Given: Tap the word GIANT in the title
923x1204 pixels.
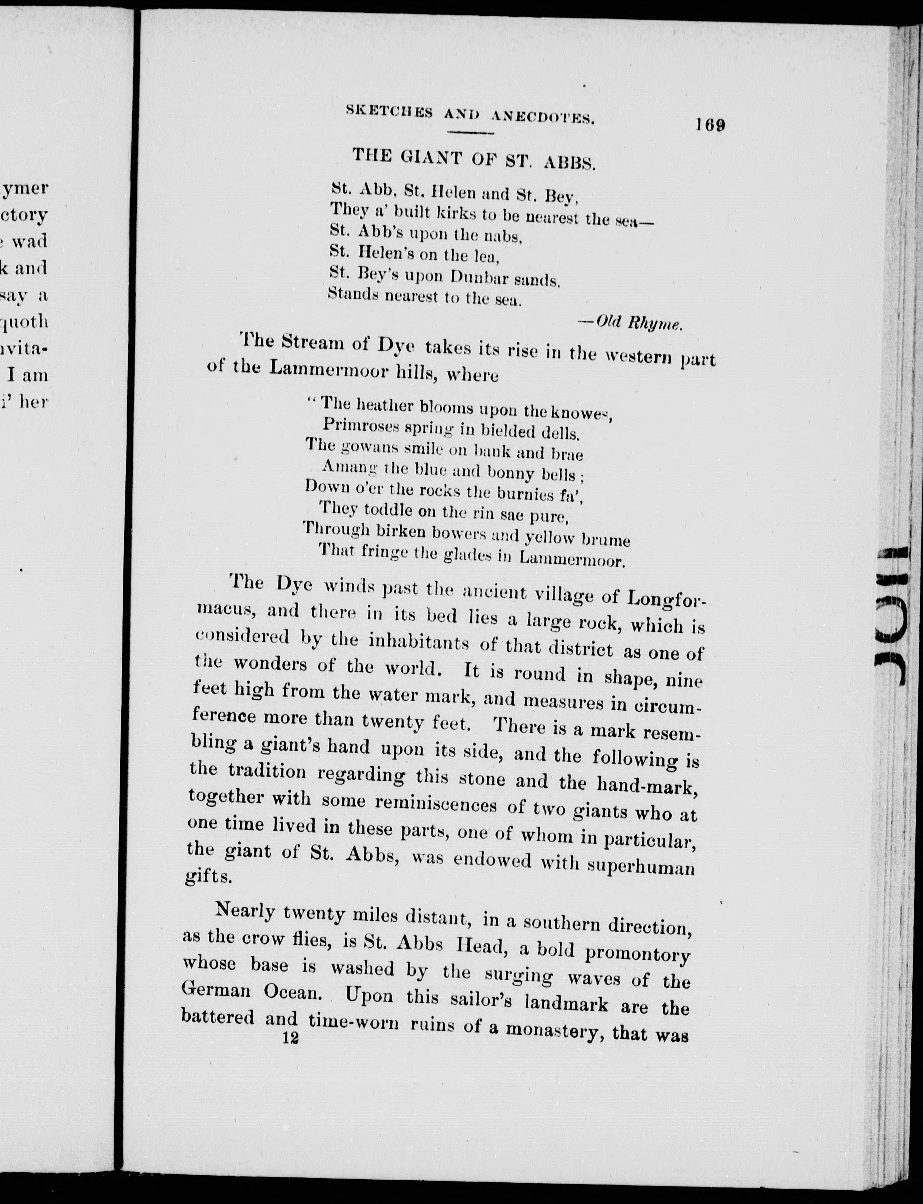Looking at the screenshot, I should (435, 158).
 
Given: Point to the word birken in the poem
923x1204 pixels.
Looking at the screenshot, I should (401, 531).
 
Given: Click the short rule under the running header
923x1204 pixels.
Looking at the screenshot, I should (471, 133).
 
